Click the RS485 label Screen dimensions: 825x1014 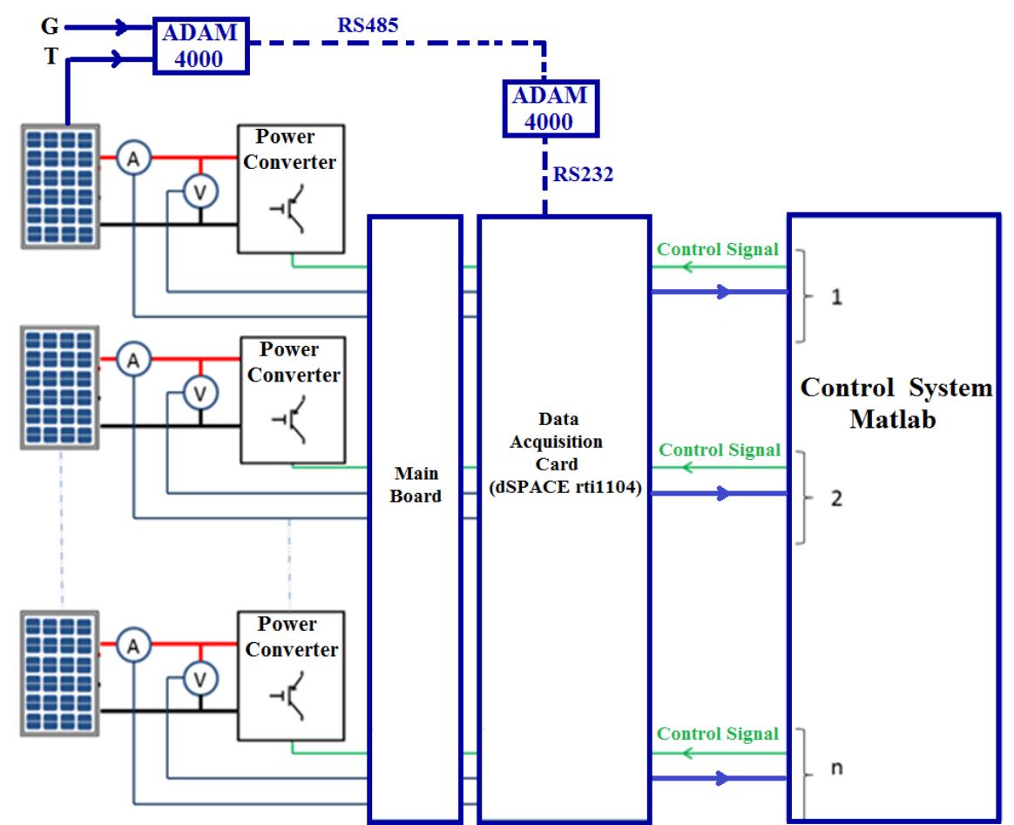coord(368,25)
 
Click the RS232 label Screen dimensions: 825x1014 coord(583,175)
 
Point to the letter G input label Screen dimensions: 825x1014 coord(51,27)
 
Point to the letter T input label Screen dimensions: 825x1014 coord(51,58)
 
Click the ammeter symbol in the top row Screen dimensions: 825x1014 coord(133,159)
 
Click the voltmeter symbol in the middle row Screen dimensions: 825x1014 coord(200,395)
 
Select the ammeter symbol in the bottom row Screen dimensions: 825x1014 coord(133,646)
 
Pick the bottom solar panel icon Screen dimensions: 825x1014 coord(60,673)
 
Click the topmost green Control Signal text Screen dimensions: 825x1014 coord(717,249)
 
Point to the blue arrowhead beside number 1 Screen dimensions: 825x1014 coord(722,292)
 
